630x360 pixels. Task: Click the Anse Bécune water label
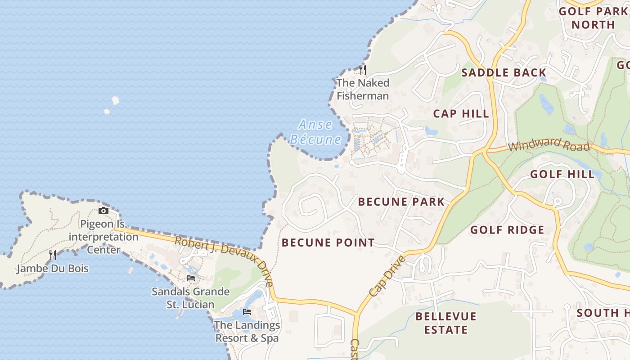click(x=315, y=132)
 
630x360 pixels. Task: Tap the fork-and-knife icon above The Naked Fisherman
click(x=363, y=69)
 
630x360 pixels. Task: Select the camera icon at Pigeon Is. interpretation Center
click(x=103, y=211)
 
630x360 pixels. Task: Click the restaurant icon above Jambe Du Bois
click(x=53, y=255)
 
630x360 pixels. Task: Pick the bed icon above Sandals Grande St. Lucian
click(x=191, y=278)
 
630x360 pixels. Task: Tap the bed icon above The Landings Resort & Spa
click(x=247, y=311)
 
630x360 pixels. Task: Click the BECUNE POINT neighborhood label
click(x=328, y=243)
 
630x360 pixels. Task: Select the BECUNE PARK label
click(x=401, y=202)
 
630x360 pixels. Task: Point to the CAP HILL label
click(x=461, y=113)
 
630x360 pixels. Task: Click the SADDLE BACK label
click(x=504, y=72)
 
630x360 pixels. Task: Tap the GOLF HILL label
click(x=562, y=174)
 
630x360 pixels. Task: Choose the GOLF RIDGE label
click(x=507, y=230)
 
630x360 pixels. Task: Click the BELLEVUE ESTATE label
click(x=445, y=323)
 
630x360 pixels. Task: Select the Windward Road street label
click(x=549, y=144)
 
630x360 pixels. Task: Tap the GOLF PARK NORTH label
click(x=593, y=18)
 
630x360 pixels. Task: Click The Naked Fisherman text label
click(x=363, y=89)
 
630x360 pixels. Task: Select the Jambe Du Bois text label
click(x=53, y=269)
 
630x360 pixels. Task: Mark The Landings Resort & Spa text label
click(x=247, y=331)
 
